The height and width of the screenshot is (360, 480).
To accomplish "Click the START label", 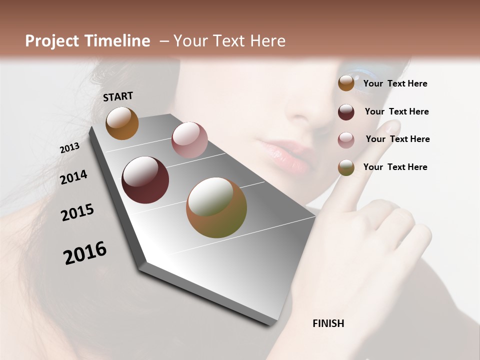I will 118,96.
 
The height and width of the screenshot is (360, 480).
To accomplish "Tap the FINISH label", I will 328,323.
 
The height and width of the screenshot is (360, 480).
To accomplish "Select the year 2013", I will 69,147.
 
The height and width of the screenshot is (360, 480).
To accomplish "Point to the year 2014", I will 74,177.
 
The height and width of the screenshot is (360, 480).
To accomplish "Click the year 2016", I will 85,253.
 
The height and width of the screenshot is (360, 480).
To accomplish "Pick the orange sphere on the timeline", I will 122,123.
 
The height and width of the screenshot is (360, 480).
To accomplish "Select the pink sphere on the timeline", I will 189,140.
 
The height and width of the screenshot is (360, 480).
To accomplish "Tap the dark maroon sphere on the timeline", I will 145,180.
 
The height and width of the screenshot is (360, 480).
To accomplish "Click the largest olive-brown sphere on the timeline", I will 216,207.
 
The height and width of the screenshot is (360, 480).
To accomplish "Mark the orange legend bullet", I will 346,83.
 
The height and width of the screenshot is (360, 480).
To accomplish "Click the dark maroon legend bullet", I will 346,112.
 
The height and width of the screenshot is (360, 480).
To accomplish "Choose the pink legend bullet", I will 346,140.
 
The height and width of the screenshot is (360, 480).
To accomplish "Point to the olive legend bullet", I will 346,167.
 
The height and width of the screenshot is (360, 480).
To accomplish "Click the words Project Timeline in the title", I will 87,41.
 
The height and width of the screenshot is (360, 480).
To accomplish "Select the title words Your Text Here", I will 229,41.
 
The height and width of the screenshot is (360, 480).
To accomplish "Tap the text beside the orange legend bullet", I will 395,83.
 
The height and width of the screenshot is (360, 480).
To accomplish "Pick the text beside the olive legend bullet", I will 395,167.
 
